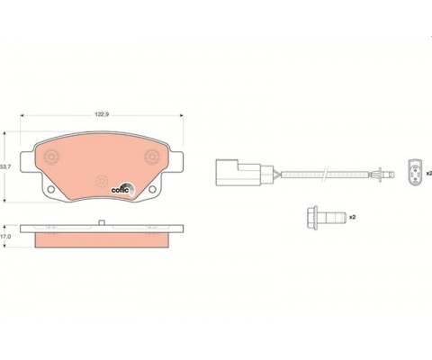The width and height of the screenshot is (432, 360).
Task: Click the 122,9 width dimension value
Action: (102, 114)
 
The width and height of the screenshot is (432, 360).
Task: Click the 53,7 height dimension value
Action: (5, 167)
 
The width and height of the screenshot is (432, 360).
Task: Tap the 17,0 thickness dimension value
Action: (5, 237)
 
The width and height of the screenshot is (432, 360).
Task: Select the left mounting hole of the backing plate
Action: (51, 189)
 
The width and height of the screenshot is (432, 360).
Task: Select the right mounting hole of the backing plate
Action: (152, 189)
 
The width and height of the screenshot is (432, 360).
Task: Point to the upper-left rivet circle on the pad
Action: (51, 157)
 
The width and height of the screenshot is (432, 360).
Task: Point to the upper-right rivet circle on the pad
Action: (152, 157)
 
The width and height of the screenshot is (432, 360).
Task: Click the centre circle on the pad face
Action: (102, 181)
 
